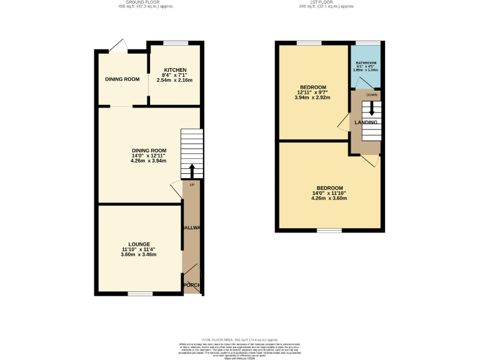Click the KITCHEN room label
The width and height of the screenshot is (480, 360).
[175, 69]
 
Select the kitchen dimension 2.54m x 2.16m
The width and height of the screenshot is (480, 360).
[175, 80]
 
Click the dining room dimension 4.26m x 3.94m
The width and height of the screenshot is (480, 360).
[149, 161]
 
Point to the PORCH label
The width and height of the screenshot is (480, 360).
[192, 286]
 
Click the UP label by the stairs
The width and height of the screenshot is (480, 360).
[191, 185]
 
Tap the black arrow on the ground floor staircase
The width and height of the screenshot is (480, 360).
[191, 171]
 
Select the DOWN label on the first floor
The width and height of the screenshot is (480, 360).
[371, 95]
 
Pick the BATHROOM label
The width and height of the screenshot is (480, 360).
[366, 63]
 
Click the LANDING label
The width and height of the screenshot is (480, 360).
[366, 122]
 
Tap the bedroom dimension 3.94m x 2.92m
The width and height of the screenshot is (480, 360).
[313, 97]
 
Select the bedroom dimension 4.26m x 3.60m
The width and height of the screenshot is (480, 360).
[329, 199]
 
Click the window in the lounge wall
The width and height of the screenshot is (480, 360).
[140, 293]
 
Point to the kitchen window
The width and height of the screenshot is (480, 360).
[176, 42]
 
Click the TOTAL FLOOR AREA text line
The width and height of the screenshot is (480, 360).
[240, 337]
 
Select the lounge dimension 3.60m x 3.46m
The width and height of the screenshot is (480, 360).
[139, 255]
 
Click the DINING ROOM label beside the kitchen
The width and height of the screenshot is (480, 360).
[122, 79]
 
